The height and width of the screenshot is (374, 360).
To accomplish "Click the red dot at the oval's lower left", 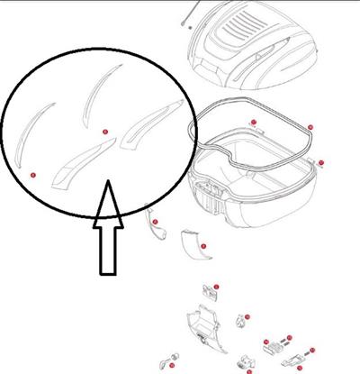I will (x=32, y=174).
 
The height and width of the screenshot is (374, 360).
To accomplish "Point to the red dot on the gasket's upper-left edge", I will (x=255, y=123).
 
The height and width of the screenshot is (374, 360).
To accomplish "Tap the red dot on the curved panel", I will (x=203, y=246).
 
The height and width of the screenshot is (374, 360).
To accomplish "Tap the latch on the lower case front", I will (x=214, y=191).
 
